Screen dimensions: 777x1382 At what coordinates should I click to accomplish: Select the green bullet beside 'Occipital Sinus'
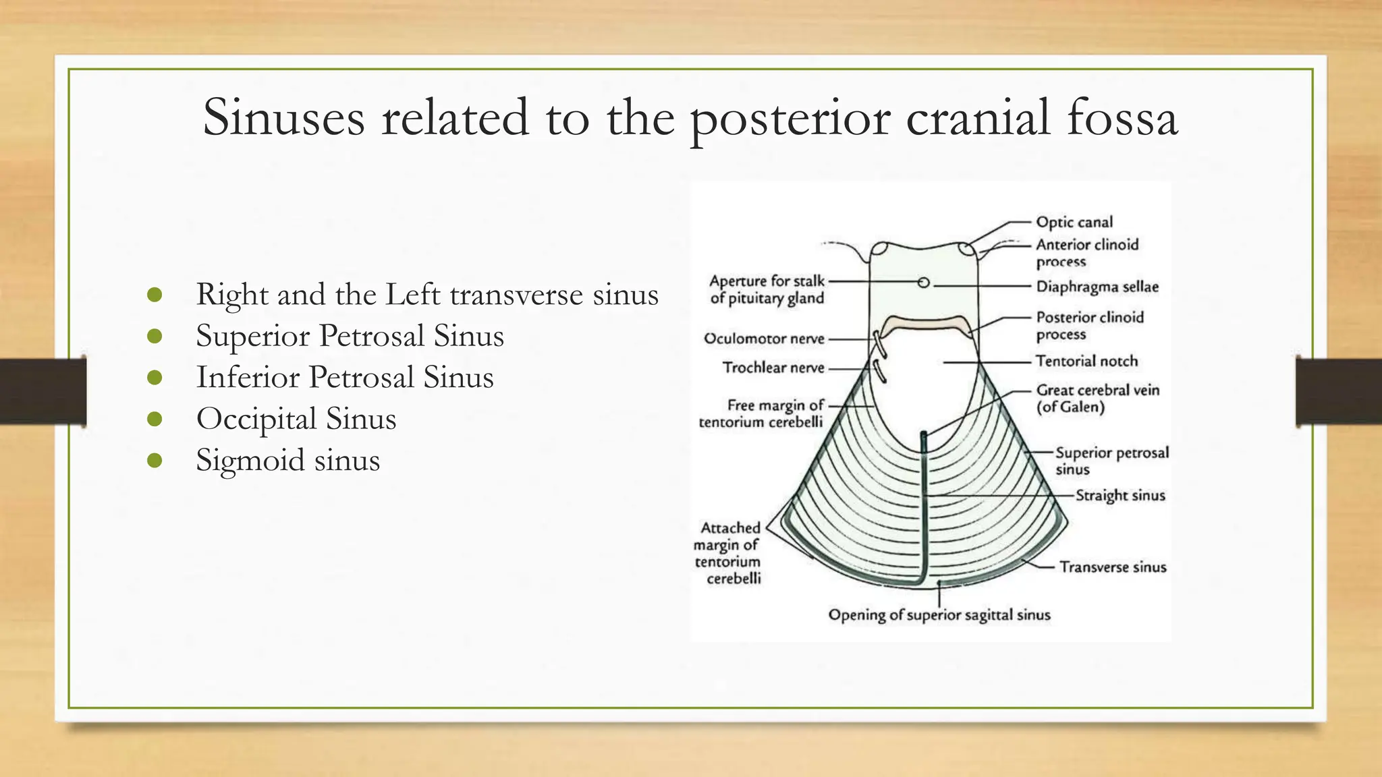(155, 419)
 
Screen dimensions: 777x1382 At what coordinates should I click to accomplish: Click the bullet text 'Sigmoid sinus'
(288, 460)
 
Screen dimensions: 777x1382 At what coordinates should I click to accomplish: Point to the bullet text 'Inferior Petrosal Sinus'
(345, 377)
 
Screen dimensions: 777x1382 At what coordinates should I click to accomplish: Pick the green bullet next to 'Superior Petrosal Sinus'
(155, 336)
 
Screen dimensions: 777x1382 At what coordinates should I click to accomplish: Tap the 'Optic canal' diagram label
(1074, 222)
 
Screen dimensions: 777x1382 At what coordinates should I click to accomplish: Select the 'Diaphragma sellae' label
(1097, 287)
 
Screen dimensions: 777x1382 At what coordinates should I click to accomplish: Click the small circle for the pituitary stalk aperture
(924, 283)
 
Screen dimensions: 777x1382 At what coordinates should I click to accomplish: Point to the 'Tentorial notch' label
(1086, 362)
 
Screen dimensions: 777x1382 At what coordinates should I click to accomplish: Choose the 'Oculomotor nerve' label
(764, 339)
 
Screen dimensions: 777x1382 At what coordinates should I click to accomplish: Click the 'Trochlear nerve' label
(773, 368)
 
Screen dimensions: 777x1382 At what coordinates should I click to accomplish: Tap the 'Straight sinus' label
(1120, 496)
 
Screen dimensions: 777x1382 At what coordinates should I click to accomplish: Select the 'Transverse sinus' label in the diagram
(1113, 567)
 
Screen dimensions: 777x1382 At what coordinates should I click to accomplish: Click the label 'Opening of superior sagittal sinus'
(939, 615)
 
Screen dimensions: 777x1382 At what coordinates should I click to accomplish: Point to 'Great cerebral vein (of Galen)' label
(1097, 399)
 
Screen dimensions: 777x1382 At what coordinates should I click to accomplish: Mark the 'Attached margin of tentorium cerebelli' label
(728, 553)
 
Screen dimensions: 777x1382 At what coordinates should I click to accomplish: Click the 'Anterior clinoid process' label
(1086, 253)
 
